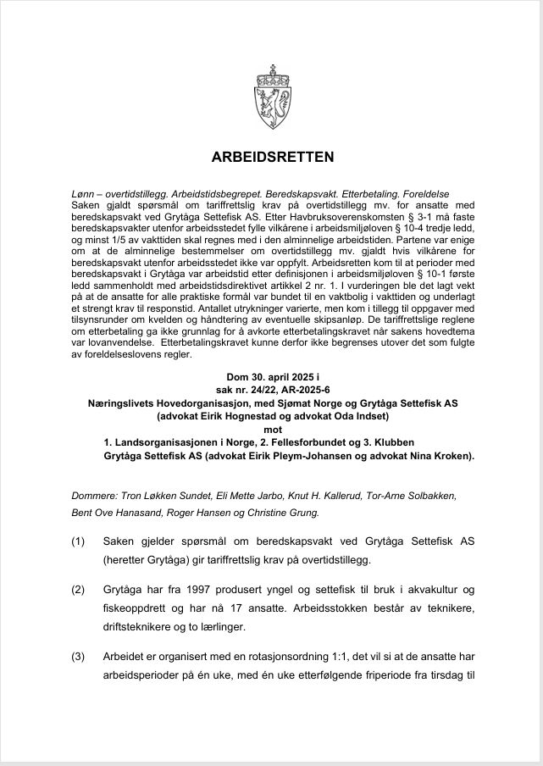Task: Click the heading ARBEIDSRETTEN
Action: pyautogui.click(x=272, y=157)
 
